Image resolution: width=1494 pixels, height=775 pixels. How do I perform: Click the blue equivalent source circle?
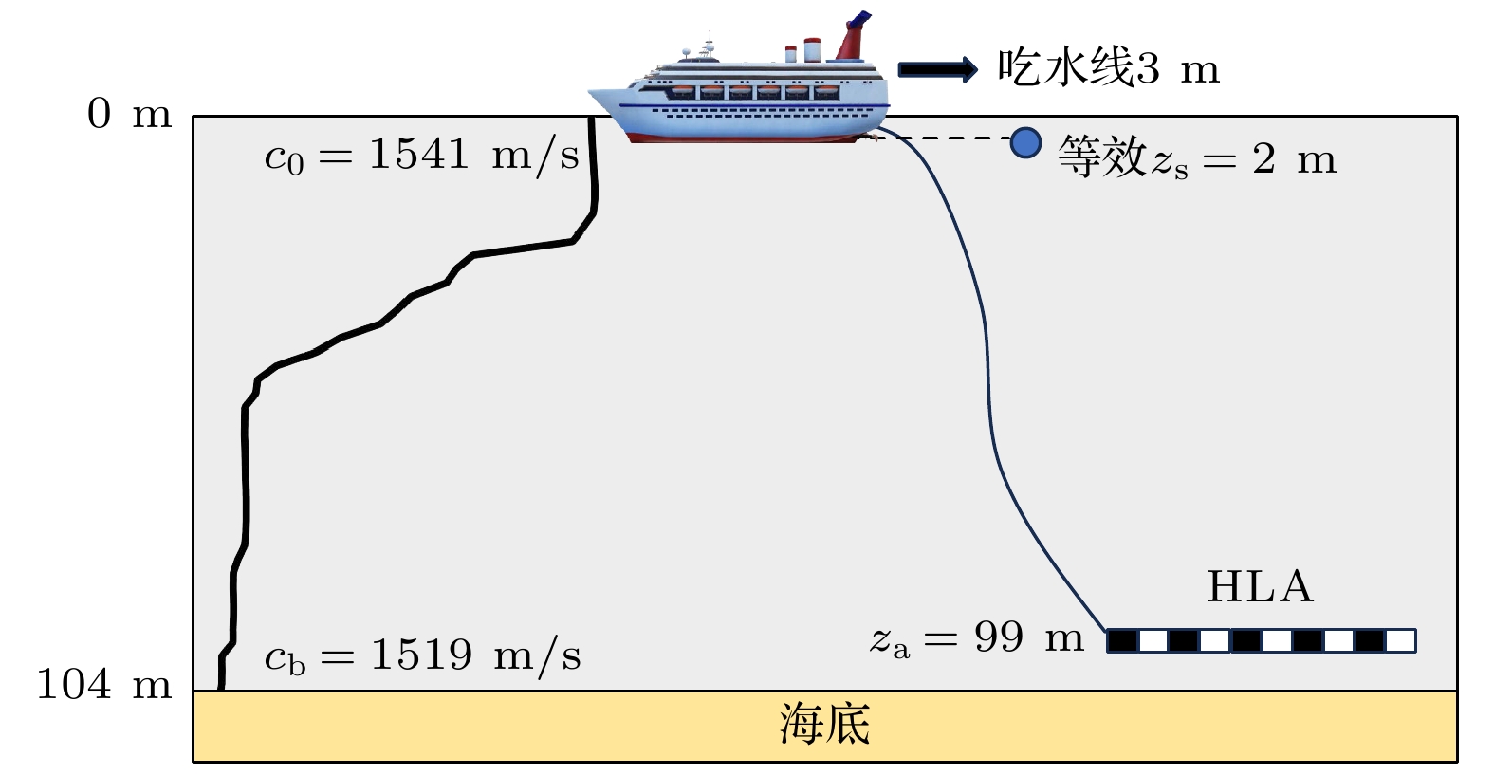coord(1024,142)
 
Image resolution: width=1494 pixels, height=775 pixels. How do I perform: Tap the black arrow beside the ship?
coord(937,68)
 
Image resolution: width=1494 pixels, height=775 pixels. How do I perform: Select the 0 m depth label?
coord(129,115)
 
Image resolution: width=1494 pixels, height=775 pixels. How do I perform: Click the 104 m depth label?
coord(103,684)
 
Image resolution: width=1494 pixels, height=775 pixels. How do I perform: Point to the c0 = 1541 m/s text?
coord(421,156)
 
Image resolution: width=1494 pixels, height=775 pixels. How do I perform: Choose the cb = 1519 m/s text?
coord(422,656)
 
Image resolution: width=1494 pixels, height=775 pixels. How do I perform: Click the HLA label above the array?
coord(1260,587)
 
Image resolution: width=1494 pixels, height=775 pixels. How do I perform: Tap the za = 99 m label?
coord(977,639)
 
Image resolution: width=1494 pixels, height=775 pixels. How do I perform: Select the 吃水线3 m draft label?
coord(1107,68)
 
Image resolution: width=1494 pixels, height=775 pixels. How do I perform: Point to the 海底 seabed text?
coord(824,726)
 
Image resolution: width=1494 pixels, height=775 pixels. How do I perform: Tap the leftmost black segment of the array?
coord(1123,641)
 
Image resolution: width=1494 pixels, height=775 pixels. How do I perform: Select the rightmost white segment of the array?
coord(1400,641)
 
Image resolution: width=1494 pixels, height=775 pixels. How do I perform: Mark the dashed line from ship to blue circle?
coord(949,138)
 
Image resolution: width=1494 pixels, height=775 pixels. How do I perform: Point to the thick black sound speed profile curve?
coord(246,474)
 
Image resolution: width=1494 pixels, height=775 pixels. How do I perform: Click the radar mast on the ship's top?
coord(709,45)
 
